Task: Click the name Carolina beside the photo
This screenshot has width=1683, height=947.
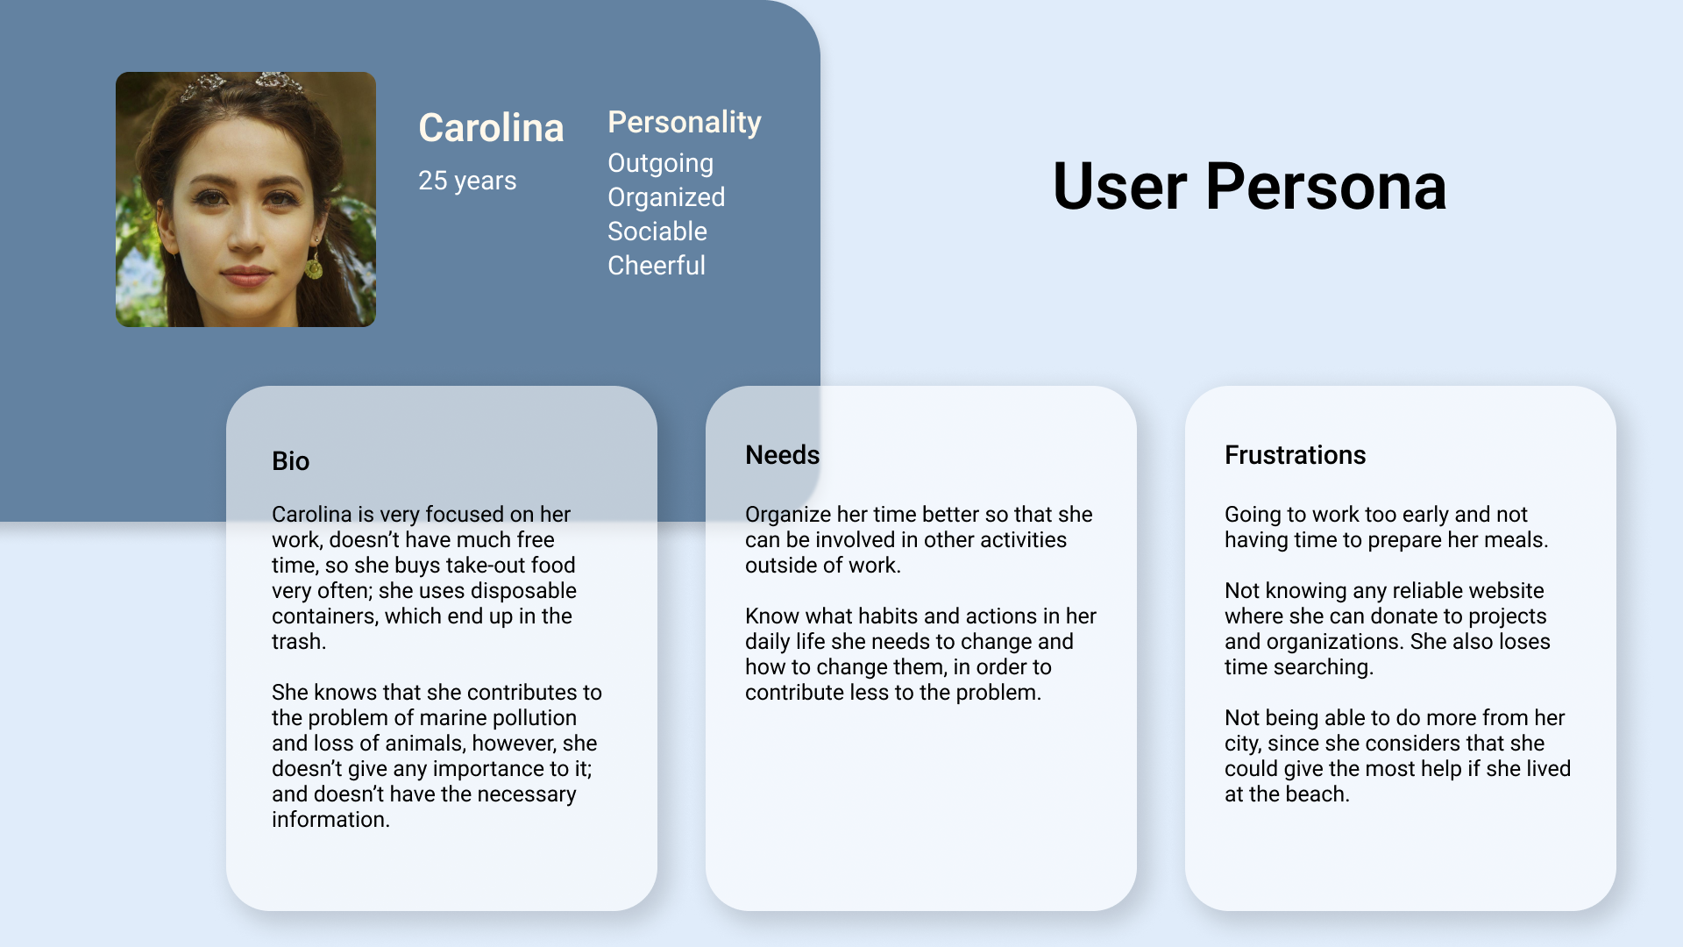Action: click(x=491, y=128)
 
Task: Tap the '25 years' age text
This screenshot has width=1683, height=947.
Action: click(x=467, y=181)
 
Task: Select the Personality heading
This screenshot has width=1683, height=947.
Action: click(x=684, y=122)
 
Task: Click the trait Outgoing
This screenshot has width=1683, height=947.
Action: click(x=660, y=163)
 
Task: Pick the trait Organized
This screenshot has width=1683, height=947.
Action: click(x=665, y=197)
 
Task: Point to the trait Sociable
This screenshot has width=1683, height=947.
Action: click(x=657, y=231)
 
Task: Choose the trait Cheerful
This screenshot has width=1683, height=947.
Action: click(x=656, y=266)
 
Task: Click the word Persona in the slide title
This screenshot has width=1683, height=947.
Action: click(x=1325, y=187)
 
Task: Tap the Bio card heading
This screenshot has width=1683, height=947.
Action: click(x=290, y=461)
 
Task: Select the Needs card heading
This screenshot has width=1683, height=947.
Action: click(x=782, y=455)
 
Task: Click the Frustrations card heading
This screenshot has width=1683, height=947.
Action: click(x=1295, y=455)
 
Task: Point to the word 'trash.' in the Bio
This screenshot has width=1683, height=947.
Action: click(x=298, y=642)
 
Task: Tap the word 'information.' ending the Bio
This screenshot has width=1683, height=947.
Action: click(x=330, y=820)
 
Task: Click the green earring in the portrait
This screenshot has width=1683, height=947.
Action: click(x=315, y=266)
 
